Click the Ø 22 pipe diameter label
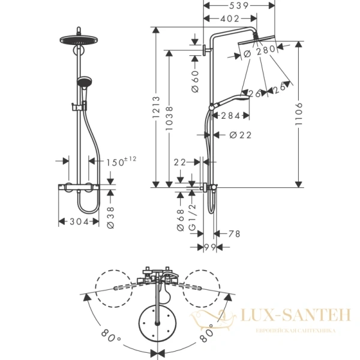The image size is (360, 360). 240,135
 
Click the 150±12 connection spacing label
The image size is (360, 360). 122,161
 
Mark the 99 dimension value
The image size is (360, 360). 209,247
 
